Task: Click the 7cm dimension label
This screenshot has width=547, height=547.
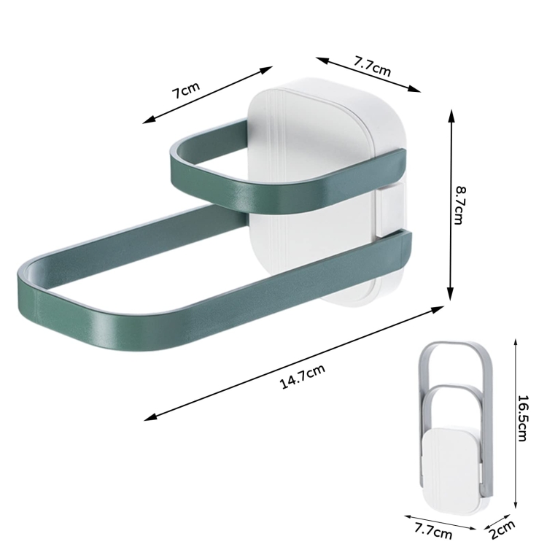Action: (x=186, y=90)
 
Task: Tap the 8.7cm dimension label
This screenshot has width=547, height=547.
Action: (x=460, y=206)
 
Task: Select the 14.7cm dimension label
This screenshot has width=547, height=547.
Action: (x=303, y=376)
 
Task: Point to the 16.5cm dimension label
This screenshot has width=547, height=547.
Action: (x=522, y=418)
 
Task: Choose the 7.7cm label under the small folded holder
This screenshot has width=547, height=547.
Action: (x=433, y=531)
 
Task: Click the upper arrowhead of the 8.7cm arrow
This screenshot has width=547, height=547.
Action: (x=451, y=116)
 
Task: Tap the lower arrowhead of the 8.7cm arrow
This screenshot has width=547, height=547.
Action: (x=451, y=294)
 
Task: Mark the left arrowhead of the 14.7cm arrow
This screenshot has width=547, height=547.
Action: (x=150, y=417)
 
